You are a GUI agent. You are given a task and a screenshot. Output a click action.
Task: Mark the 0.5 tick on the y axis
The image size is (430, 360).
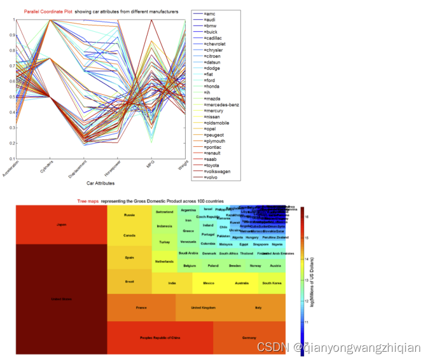[x=10, y=97]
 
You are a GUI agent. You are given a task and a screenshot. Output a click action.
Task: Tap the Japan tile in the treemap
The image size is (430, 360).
[x=61, y=225]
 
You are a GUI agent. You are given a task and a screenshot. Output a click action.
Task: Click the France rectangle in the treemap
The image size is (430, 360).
[x=141, y=308]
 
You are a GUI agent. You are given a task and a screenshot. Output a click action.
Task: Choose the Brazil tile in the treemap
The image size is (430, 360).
[x=129, y=281]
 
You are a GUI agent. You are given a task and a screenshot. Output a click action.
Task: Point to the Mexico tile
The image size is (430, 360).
[x=208, y=282]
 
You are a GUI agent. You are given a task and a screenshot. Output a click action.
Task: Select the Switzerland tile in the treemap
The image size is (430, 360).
[x=164, y=212]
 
